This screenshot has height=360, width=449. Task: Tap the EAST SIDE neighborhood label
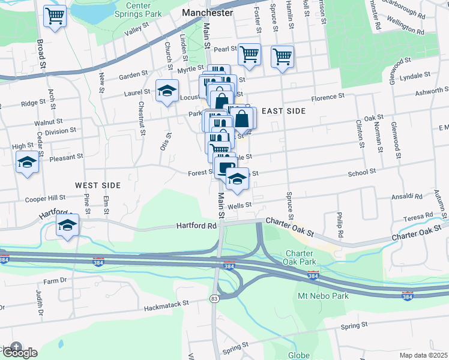point(283,111)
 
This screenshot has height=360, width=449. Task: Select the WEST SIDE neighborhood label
point(98,185)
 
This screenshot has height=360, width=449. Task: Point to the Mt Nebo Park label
point(324,296)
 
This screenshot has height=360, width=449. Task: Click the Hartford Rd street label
point(196,226)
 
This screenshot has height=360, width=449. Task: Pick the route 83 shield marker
point(215,298)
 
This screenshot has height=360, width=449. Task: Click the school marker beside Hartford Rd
point(68,226)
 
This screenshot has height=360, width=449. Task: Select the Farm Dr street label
point(54,280)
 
